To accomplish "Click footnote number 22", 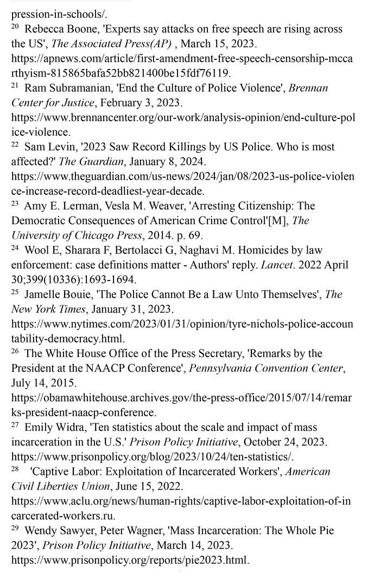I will tap(15, 144).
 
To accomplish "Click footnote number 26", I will tap(15, 351).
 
